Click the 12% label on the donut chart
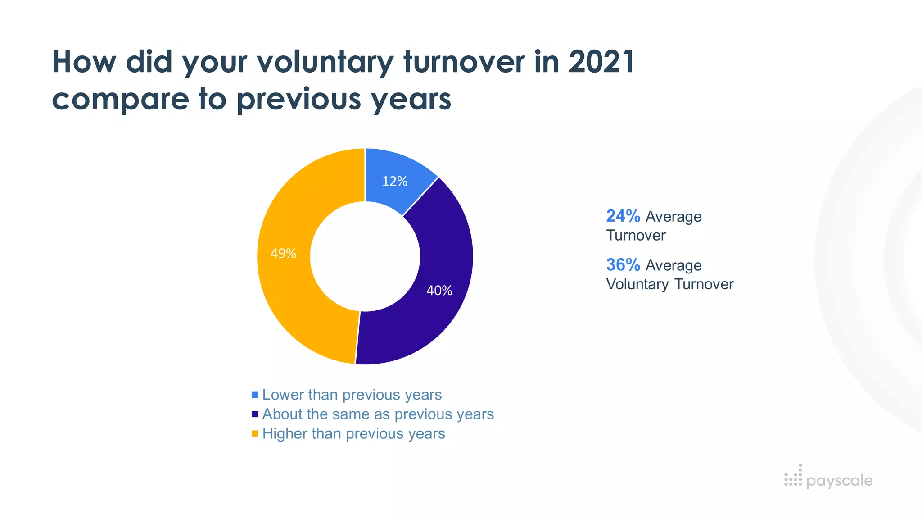click(x=394, y=181)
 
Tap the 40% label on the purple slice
click(x=439, y=291)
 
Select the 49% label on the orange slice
click(x=283, y=254)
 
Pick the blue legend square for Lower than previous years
click(x=255, y=395)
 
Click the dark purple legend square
click(x=255, y=414)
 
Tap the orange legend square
click(x=255, y=433)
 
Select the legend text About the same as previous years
click(x=378, y=414)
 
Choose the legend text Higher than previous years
click(x=353, y=433)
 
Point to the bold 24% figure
click(x=623, y=216)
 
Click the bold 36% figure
click(x=623, y=265)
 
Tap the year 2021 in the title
click(x=601, y=62)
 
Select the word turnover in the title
click(x=464, y=62)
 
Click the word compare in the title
click(x=120, y=100)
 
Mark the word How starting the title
click(x=84, y=62)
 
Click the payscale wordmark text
click(x=839, y=481)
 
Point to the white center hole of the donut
click(x=365, y=256)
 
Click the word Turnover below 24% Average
click(x=636, y=236)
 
